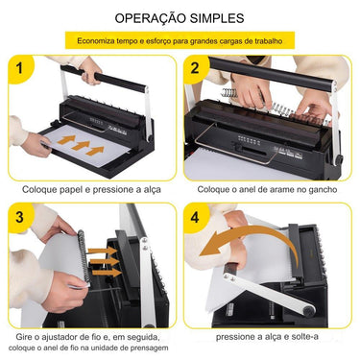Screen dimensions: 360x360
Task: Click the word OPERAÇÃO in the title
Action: click(146, 18)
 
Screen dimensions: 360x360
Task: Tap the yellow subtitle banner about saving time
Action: click(180, 42)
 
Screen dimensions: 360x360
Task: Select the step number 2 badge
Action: click(195, 68)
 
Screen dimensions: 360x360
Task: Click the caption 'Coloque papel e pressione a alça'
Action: click(89, 189)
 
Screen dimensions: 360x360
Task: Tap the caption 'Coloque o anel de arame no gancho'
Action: click(268, 189)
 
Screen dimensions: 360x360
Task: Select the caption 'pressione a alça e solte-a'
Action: click(269, 337)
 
